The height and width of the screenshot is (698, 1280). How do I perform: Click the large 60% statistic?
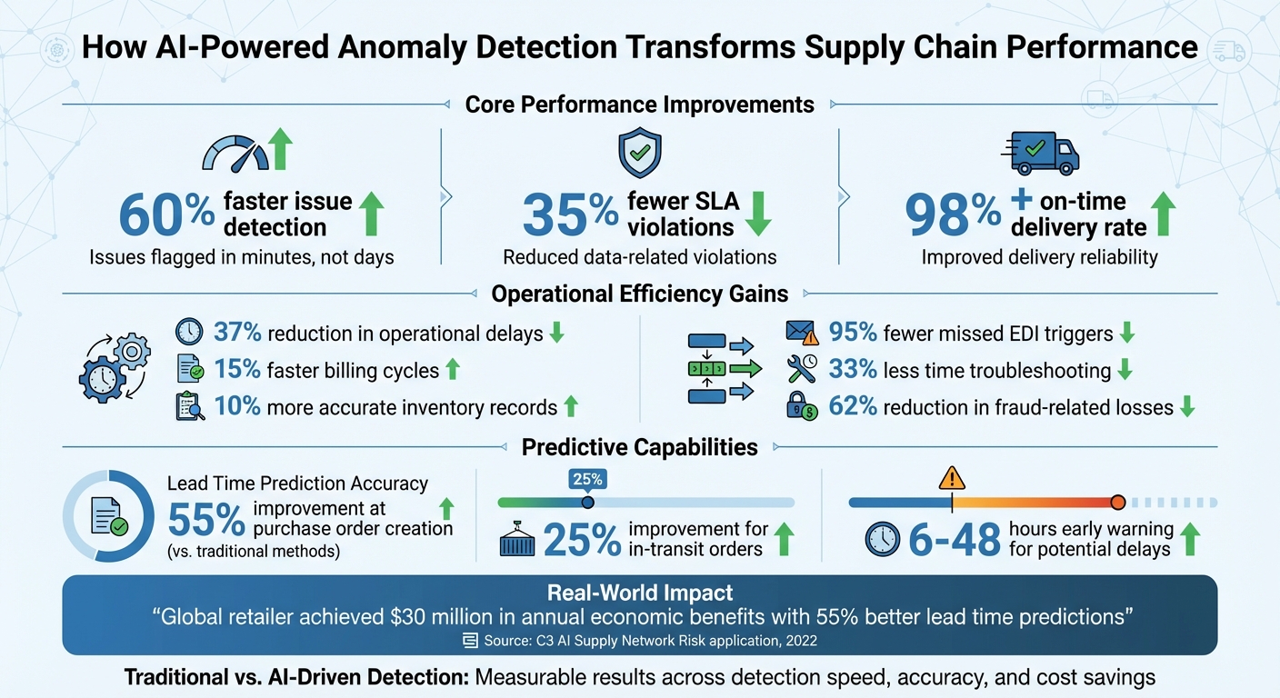click(166, 214)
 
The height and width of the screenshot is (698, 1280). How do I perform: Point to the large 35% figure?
click(570, 214)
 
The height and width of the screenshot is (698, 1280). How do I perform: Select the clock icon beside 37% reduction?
click(189, 333)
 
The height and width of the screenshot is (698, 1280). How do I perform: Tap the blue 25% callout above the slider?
click(587, 479)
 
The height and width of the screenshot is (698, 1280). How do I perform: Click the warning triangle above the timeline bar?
click(952, 477)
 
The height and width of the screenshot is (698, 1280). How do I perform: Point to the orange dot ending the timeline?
click(1118, 503)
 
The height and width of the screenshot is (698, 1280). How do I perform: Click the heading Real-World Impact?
click(639, 593)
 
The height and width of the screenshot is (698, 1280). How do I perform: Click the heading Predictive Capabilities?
click(639, 447)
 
